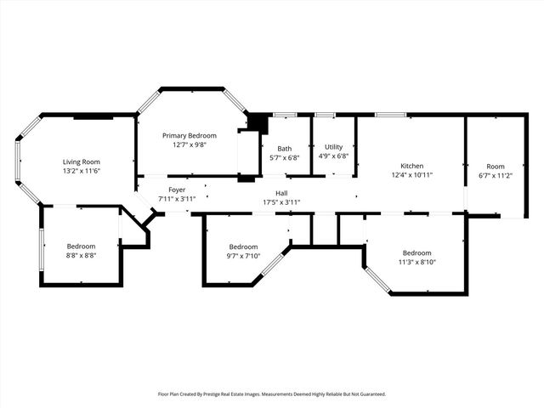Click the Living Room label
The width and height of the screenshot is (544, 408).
point(82,161)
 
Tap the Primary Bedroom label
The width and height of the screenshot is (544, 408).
point(190,135)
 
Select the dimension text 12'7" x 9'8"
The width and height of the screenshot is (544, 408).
point(190,144)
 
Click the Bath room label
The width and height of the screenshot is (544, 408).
point(284,148)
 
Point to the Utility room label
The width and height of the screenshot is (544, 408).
point(333,147)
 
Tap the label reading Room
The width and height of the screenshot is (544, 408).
point(496,166)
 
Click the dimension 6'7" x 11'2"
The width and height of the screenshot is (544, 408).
point(496,175)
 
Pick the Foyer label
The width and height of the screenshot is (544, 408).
point(177,190)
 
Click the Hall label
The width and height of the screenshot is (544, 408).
point(281,193)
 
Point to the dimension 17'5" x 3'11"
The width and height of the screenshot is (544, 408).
point(281,202)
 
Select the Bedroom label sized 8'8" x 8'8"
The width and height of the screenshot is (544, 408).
point(82,246)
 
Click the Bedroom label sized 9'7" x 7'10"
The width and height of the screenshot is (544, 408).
point(243,246)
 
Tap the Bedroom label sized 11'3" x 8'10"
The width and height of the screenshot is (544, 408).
point(417,252)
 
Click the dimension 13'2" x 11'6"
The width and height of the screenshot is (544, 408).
point(82,171)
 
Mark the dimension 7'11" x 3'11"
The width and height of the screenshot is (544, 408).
point(177,199)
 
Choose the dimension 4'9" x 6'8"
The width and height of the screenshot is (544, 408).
point(333,156)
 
